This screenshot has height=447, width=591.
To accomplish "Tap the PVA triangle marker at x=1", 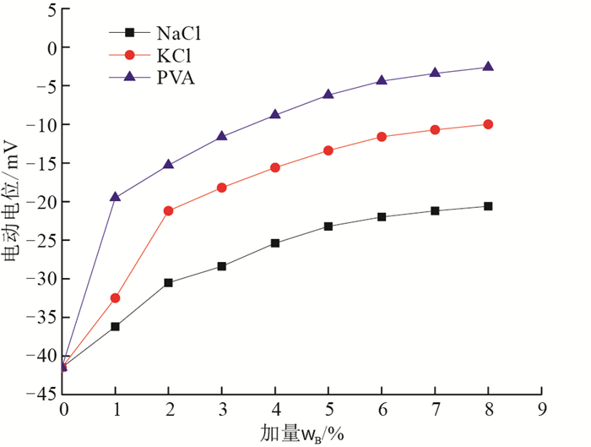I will coord(115,197).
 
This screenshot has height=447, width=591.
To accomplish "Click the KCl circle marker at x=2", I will coord(168,210).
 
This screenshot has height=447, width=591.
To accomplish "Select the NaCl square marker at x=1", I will coord(115,326).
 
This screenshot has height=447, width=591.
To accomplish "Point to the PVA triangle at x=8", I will coord(488,67).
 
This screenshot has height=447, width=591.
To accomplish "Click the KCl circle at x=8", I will coord(488,124).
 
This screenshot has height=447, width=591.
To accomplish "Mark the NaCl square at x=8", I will coord(488,206).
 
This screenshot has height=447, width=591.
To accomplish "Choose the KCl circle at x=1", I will coord(115,297).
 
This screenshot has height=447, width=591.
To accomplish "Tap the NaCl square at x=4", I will coord(275,243).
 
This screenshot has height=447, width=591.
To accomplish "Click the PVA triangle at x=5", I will coord(328,95).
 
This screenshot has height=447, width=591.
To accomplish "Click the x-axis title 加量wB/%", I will coord(302,434).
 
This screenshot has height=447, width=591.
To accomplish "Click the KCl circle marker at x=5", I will coord(328,150).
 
